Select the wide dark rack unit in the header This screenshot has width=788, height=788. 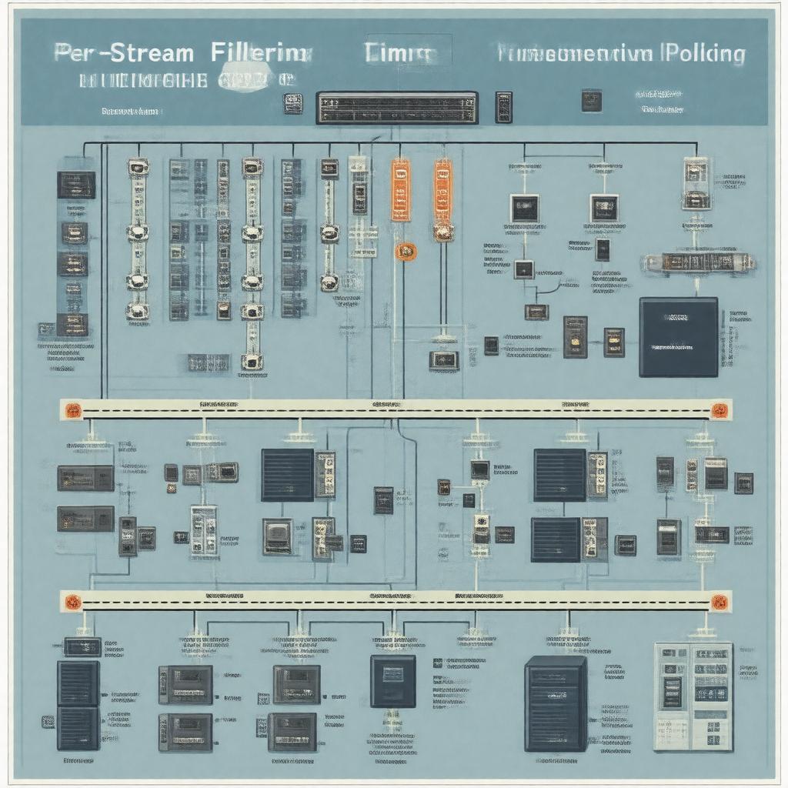coord(397,108)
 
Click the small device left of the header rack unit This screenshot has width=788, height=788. coord(293,104)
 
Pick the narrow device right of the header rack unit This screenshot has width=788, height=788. coord(504,107)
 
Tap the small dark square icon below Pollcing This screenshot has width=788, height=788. coord(591,101)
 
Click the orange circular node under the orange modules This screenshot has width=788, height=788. coord(406,250)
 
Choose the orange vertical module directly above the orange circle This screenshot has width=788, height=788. coord(401,190)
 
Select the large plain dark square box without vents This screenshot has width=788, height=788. coord(678,337)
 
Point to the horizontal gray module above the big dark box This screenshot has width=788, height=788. coord(696,262)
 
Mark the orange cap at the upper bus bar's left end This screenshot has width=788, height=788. coord(72,410)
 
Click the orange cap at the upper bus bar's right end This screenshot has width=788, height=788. coord(720,410)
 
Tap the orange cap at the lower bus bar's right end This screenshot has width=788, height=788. coord(720,602)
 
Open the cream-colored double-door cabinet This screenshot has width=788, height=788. coord(693,696)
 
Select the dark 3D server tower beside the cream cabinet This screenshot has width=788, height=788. coord(556,704)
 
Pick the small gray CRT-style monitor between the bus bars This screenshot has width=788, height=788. coord(278,536)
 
